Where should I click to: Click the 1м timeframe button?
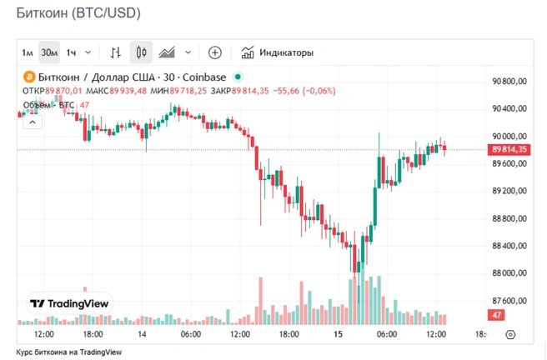point(28,53)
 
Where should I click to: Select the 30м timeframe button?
point(49,53)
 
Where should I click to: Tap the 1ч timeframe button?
point(72,53)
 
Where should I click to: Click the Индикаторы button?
point(278,53)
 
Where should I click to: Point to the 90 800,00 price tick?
point(511,81)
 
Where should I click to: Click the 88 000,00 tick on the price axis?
point(511,273)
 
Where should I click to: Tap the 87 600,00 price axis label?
point(511,301)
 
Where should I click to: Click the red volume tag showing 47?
point(497,315)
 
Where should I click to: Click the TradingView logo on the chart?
point(69,303)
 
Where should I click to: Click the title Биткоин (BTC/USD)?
point(78,14)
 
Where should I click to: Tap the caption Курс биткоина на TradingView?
point(69,352)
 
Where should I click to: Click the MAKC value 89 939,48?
point(128,91)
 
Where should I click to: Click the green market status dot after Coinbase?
point(238,77)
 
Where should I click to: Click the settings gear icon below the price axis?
point(511,334)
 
